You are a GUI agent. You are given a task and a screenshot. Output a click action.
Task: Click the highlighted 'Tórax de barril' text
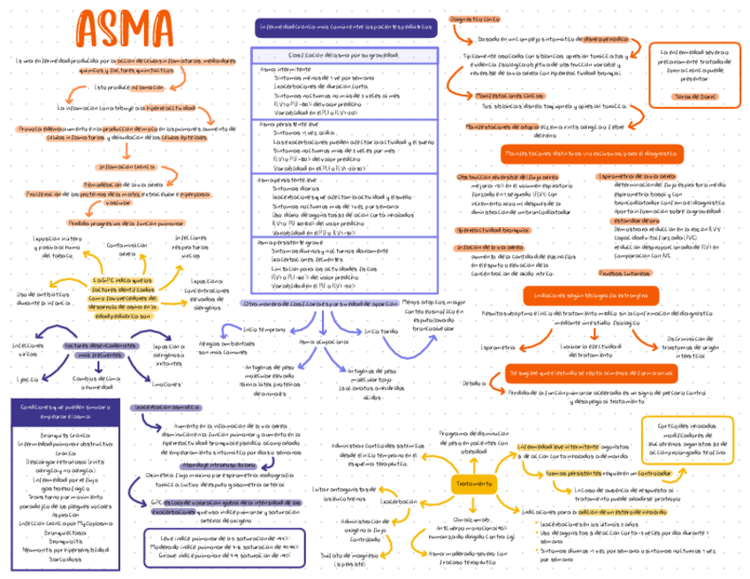click(x=696, y=94)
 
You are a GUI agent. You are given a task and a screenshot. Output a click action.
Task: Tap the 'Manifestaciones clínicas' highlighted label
click(x=509, y=95)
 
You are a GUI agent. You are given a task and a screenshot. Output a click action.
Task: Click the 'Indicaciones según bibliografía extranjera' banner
click(x=595, y=294)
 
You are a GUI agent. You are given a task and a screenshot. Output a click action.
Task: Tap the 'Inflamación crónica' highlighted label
click(x=126, y=166)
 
